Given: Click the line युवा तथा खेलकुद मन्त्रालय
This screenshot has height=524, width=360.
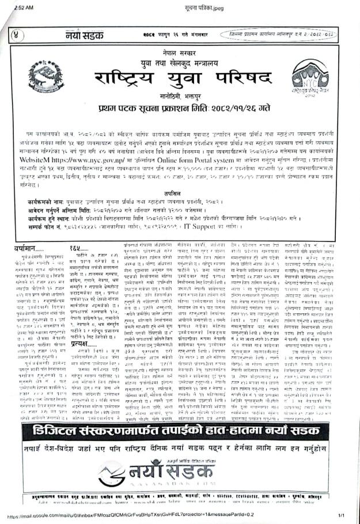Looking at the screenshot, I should (x=180, y=59).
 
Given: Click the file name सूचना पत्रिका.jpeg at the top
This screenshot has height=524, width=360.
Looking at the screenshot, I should (x=179, y=5).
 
